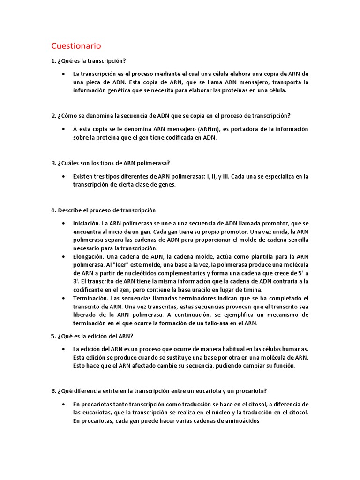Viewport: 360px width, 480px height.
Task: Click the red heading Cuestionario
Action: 76,46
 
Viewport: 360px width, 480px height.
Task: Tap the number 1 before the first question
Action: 53,61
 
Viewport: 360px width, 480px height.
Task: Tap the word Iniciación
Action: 86,223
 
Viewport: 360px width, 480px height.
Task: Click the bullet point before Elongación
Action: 63,256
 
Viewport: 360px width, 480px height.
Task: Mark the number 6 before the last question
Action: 53,391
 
